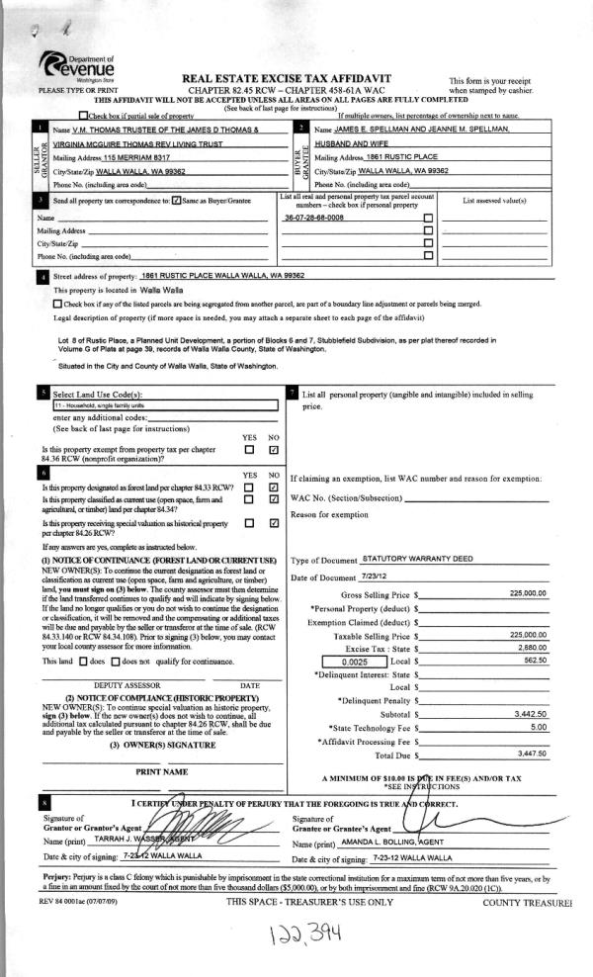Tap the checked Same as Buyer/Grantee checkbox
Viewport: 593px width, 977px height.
(x=176, y=201)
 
